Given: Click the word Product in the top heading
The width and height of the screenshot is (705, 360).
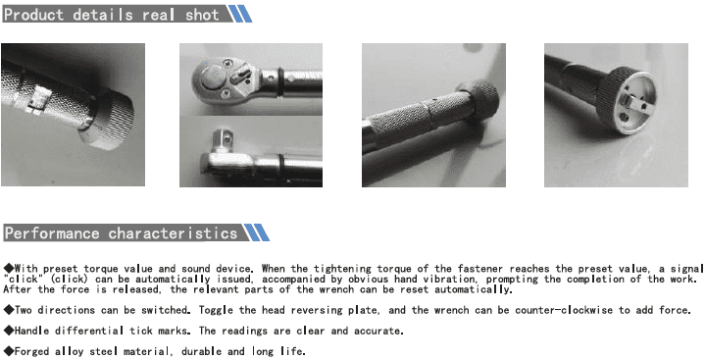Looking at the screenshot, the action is click(x=34, y=15).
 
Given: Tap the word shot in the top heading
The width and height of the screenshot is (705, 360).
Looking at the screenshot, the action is click(x=202, y=15).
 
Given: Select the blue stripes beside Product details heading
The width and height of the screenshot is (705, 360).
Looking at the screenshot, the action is click(x=239, y=14).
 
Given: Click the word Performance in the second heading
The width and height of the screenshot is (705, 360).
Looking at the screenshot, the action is click(x=52, y=233).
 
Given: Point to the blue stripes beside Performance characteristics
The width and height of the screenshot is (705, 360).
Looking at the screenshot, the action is click(x=257, y=232).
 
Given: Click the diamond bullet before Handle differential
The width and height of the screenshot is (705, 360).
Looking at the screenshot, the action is click(x=9, y=331).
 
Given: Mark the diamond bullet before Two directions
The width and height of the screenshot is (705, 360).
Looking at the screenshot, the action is click(x=9, y=310).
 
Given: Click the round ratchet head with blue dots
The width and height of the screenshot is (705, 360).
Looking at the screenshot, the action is click(x=212, y=76).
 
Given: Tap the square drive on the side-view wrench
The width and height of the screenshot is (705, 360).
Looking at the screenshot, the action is click(x=222, y=139).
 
